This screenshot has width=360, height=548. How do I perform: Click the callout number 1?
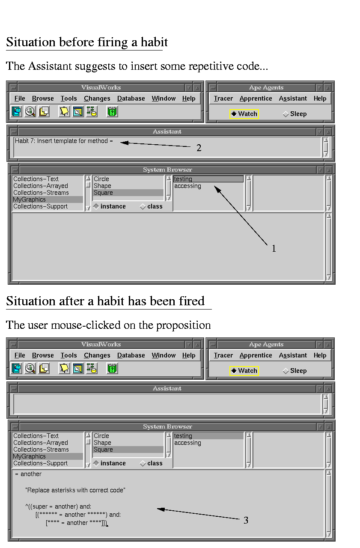274,249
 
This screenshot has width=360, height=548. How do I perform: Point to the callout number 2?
199,148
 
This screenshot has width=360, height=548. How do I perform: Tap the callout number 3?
246,520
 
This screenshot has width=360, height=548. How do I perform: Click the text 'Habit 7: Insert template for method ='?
64,141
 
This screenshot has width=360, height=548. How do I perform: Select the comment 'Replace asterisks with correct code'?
75,490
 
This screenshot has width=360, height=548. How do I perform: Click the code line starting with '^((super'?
58,506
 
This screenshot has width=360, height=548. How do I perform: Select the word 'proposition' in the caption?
183,325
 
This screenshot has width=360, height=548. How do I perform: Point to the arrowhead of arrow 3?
161,509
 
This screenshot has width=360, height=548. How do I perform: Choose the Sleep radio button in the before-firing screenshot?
286,114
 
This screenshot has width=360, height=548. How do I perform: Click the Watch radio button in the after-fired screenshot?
234,371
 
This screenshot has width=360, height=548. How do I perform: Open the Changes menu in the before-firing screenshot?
97,98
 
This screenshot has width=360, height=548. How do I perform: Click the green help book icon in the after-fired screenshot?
112,369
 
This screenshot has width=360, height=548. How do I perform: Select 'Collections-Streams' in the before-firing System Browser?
41,193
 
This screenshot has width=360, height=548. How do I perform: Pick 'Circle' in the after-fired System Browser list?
101,436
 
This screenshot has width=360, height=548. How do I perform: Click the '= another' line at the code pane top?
28,474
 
